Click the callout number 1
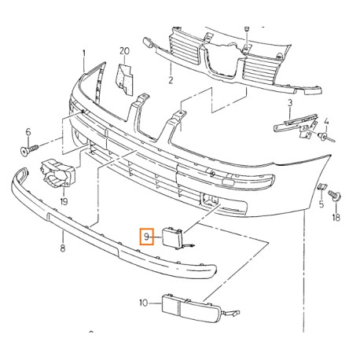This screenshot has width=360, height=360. click(84, 53)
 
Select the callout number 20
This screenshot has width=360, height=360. click(124, 51)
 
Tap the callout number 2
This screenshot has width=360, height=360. click(171, 79)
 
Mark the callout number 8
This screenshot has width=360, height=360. click(63, 247)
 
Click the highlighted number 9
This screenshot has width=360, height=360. click(146, 237)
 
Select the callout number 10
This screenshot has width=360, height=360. click(144, 303)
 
